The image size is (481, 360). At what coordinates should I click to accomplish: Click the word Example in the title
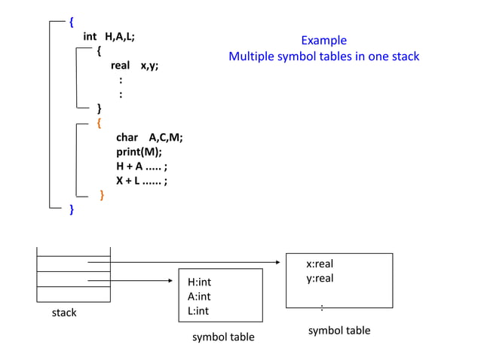pos(323,41)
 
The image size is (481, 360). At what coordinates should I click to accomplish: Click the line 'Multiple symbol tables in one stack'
pos(323,56)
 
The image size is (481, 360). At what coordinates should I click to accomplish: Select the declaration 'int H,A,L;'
pos(109,36)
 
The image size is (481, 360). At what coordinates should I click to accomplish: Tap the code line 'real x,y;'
pos(134,66)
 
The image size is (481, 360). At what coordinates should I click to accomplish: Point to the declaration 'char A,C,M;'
pos(149,137)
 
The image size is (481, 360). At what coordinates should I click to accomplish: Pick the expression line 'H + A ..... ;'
pos(141,166)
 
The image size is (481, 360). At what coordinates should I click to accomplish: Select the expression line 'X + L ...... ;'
pos(141,181)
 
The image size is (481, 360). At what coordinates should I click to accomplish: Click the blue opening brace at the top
pos(72,21)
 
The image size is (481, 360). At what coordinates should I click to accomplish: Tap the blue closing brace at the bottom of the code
pos(72,209)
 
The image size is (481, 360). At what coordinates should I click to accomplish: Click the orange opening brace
pos(100,121)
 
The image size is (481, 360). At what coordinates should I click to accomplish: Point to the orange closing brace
pos(102,196)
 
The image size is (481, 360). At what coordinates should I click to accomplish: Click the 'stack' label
pos(64,313)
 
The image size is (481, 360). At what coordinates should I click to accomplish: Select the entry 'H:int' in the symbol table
pos(199,282)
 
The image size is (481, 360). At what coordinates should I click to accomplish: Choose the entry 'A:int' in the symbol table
pos(199,297)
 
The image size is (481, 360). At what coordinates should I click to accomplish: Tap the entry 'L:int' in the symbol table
pos(198,311)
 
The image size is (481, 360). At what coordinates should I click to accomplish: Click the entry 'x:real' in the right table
pos(319,264)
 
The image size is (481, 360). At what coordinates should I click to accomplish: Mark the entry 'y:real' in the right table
pos(319,279)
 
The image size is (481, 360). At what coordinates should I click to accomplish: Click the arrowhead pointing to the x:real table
pos(281,263)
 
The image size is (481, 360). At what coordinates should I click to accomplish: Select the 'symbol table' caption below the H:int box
pos(223,337)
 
